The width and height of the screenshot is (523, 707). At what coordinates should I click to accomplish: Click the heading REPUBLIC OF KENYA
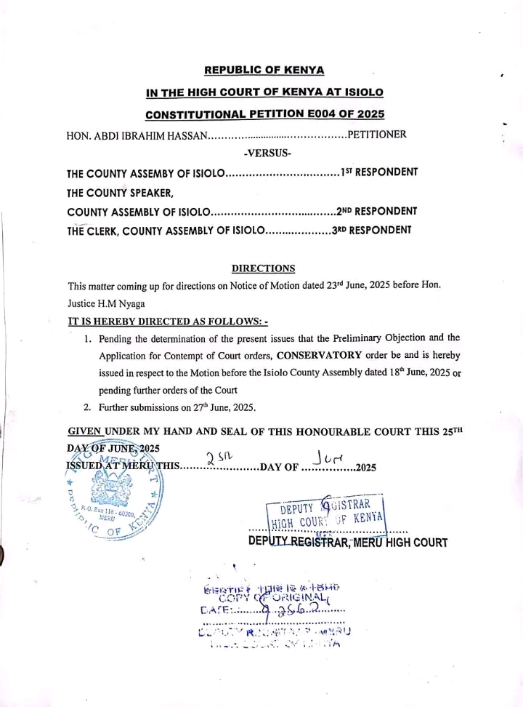pos(264,71)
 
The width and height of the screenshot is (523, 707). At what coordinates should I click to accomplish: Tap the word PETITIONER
pos(377,135)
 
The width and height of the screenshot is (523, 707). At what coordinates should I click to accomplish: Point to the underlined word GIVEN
pos(84,431)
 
